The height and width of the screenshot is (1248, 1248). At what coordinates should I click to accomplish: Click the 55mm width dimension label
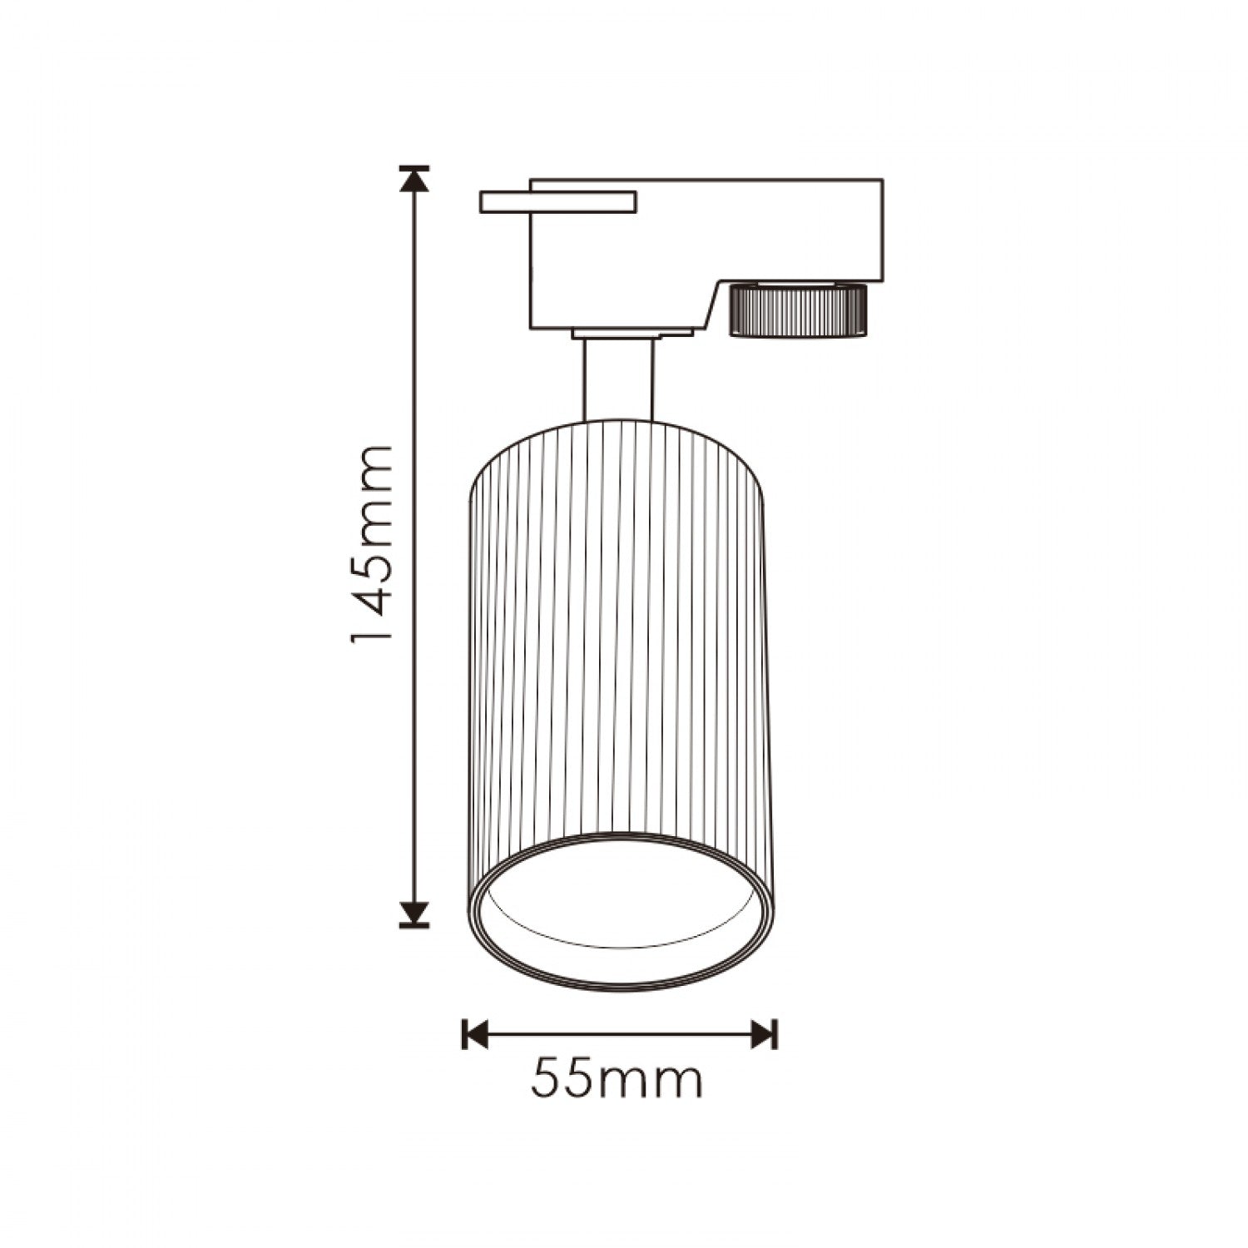click(617, 1080)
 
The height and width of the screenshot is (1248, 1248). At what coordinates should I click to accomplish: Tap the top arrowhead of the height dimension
click(414, 181)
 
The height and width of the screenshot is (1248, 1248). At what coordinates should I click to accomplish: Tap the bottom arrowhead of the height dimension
click(414, 914)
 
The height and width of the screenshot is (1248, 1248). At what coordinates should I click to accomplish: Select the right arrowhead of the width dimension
click(763, 1035)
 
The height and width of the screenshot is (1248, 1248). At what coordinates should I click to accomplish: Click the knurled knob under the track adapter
click(798, 310)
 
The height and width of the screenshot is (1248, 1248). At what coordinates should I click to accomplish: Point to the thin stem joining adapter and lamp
click(618, 380)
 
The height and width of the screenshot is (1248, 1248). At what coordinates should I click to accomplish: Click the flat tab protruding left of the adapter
click(558, 202)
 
